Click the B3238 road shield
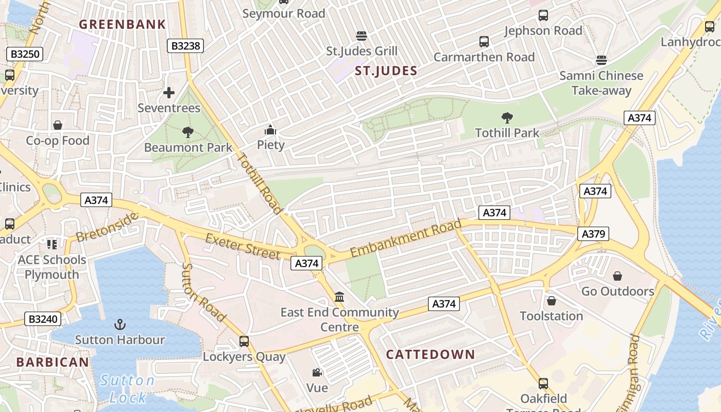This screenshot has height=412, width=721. [185, 46]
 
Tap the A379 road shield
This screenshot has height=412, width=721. [593, 234]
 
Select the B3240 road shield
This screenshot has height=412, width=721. [43, 319]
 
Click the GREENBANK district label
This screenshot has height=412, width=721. [123, 24]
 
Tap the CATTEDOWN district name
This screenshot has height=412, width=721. [430, 354]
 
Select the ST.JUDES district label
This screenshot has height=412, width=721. [386, 71]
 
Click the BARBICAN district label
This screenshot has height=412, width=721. [53, 362]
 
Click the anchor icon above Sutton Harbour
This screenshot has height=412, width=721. [119, 324]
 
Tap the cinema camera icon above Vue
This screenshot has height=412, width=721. [317, 372]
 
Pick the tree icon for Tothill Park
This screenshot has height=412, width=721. [507, 118]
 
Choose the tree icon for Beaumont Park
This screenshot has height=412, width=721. [188, 132]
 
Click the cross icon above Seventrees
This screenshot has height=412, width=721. [169, 93]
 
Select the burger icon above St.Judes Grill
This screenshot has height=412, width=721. [362, 36]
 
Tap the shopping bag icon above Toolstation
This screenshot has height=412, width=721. [552, 301]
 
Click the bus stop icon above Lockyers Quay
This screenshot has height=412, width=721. [244, 341]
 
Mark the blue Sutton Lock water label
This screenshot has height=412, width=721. [127, 389]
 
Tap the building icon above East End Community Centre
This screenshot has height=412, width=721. [339, 297]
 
